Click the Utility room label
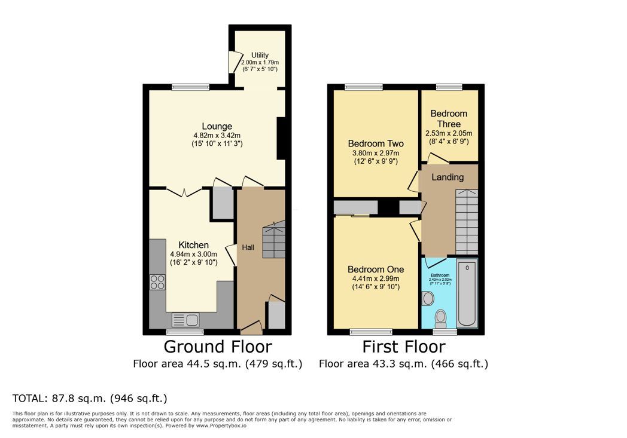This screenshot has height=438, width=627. coord(260,55)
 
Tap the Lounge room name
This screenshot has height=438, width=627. coord(217,126)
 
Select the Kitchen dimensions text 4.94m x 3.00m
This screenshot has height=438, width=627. coord(193,254)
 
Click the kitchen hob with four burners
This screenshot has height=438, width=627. coord(157,281)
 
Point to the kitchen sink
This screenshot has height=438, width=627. coord(185,320)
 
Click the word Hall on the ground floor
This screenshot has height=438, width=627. coord(249,247)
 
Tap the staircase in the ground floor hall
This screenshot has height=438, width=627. coord(274,240)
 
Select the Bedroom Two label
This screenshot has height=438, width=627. coord(376,143)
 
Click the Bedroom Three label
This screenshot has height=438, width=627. coord(449,118)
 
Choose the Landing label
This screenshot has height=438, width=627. coord(448,177)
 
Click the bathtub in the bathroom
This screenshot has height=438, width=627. coord(467,293)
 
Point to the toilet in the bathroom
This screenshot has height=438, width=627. coord(441,316)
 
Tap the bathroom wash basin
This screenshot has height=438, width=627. coord(428,298)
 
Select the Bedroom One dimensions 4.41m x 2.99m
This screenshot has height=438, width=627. coord(376,278)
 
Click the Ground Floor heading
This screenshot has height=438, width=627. coord(218,347)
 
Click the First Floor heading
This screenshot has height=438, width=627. coord(404,347)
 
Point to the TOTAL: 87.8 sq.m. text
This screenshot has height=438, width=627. coord(90,398)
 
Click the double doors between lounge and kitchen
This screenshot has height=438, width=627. coord(184,191)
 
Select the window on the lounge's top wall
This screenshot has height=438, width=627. coord(190,87)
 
